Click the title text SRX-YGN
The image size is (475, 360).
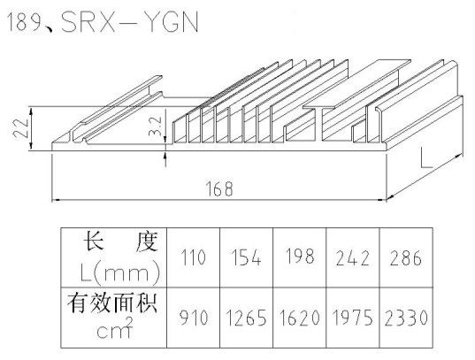coord(130,22)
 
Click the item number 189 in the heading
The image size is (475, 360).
coord(24,22)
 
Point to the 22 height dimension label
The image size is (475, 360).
coord(21,128)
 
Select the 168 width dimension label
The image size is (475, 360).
coord(219,188)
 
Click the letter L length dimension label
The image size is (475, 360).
coord(426,157)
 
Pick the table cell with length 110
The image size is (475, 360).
coord(193,258)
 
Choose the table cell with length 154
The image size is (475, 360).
coord(246,258)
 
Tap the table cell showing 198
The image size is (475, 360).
coord(299,258)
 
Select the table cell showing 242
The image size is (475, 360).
coord(353,258)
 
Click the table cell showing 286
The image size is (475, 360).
coord(406,258)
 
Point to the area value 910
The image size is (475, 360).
coord(194,318)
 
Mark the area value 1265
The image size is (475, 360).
coord(247,318)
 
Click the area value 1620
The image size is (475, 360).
coord(299,318)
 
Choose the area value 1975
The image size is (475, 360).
coord(353,318)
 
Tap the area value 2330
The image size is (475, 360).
coord(406,318)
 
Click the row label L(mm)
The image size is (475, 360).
coord(119,272)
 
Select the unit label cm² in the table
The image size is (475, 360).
coord(115,328)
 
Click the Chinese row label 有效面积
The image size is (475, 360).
coord(112,303)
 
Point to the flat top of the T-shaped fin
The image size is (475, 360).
coord(356,84)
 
